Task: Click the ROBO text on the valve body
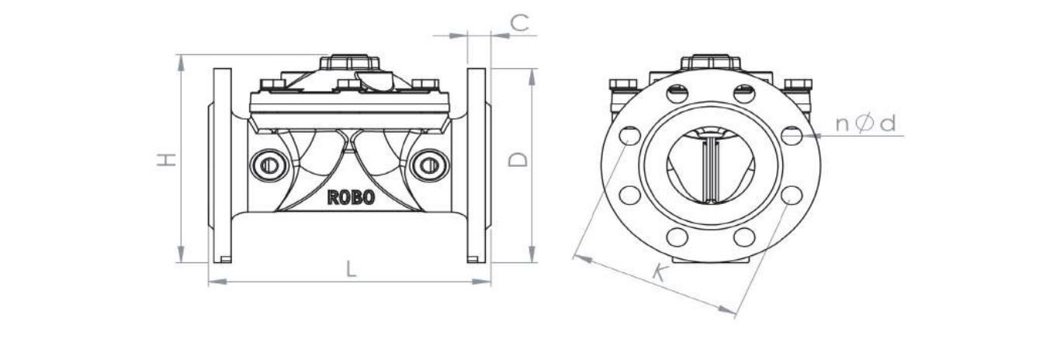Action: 351,197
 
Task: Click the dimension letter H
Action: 166,159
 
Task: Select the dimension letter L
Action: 351,269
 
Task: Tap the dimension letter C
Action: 519,22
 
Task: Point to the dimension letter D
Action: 518,159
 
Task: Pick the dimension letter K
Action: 660,272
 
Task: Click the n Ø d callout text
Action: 865,124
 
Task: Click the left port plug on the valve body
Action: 269,165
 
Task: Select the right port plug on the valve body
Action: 429,165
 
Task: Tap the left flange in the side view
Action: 222,165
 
